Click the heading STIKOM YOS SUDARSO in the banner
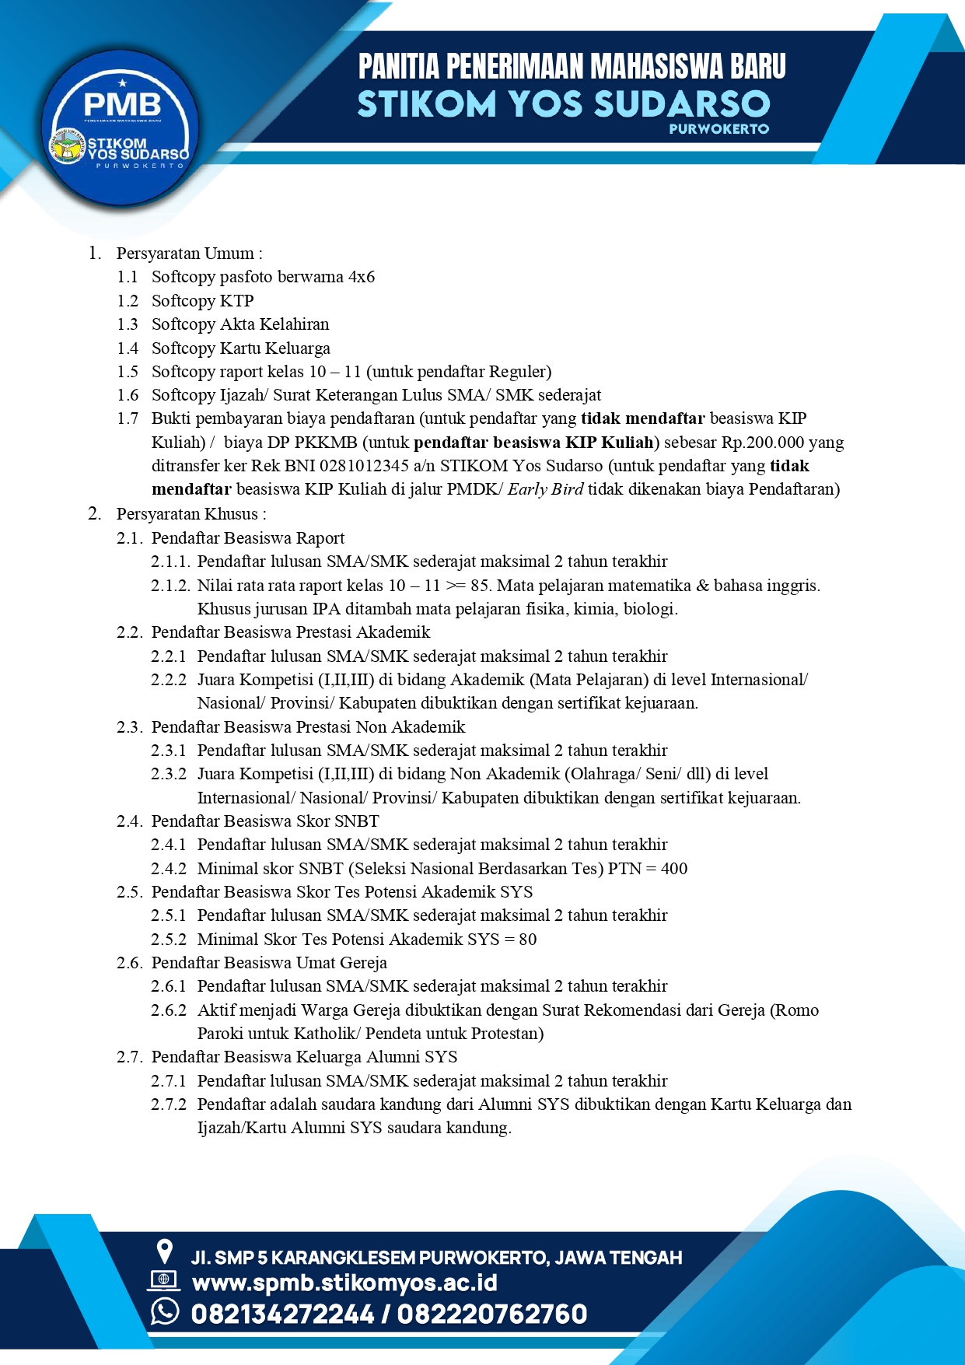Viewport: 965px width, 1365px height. point(564,103)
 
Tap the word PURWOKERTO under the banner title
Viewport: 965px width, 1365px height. point(719,129)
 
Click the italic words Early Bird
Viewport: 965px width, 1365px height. point(545,489)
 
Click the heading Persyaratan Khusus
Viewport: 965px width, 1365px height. point(191,514)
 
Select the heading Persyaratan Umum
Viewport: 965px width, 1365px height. point(188,254)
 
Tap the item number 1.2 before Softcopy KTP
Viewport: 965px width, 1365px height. point(128,301)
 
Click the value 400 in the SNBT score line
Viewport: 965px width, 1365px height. point(673,869)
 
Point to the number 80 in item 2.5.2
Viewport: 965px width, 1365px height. point(527,940)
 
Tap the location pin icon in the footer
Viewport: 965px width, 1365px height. point(164,1251)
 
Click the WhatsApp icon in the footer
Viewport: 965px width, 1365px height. point(165,1311)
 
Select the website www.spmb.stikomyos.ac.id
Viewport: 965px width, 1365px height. point(344,1283)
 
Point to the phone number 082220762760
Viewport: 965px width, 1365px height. point(492,1314)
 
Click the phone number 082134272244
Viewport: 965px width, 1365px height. point(282,1314)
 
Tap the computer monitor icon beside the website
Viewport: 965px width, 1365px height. point(163,1280)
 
